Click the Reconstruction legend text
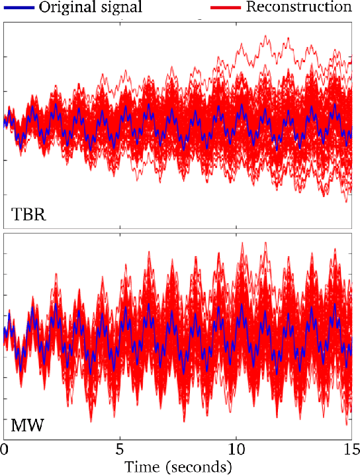[298, 7]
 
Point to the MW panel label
[28, 424]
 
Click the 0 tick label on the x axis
[4, 449]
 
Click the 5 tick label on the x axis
[120, 449]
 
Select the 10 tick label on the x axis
[235, 449]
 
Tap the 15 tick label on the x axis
[350, 449]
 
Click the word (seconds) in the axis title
[200, 466]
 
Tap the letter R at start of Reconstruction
[250, 7]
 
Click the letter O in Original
[44, 7]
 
